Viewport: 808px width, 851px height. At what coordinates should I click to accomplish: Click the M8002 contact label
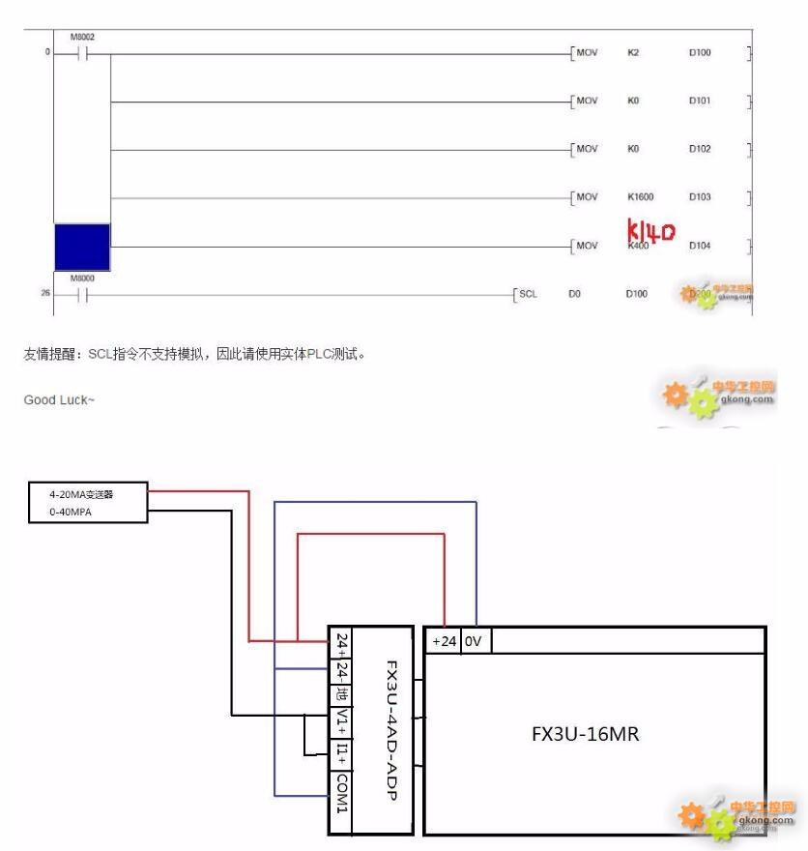click(82, 38)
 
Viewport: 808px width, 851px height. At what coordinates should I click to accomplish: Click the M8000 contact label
click(82, 275)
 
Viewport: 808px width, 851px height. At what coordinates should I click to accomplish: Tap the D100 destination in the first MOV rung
click(700, 52)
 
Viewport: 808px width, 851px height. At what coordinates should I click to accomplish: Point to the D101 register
click(700, 101)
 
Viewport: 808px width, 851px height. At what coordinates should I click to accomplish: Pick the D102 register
click(700, 149)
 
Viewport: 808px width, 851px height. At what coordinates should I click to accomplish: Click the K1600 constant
click(641, 197)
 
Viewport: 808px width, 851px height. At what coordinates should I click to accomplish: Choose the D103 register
click(700, 197)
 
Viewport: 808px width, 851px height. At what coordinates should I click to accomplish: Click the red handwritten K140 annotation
click(651, 232)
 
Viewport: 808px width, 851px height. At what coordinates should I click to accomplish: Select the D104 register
click(700, 246)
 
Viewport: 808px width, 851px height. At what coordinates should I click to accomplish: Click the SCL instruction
click(528, 291)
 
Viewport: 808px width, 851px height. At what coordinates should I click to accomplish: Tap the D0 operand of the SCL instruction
click(573, 291)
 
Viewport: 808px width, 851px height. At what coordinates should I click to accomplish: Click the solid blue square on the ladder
click(82, 247)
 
